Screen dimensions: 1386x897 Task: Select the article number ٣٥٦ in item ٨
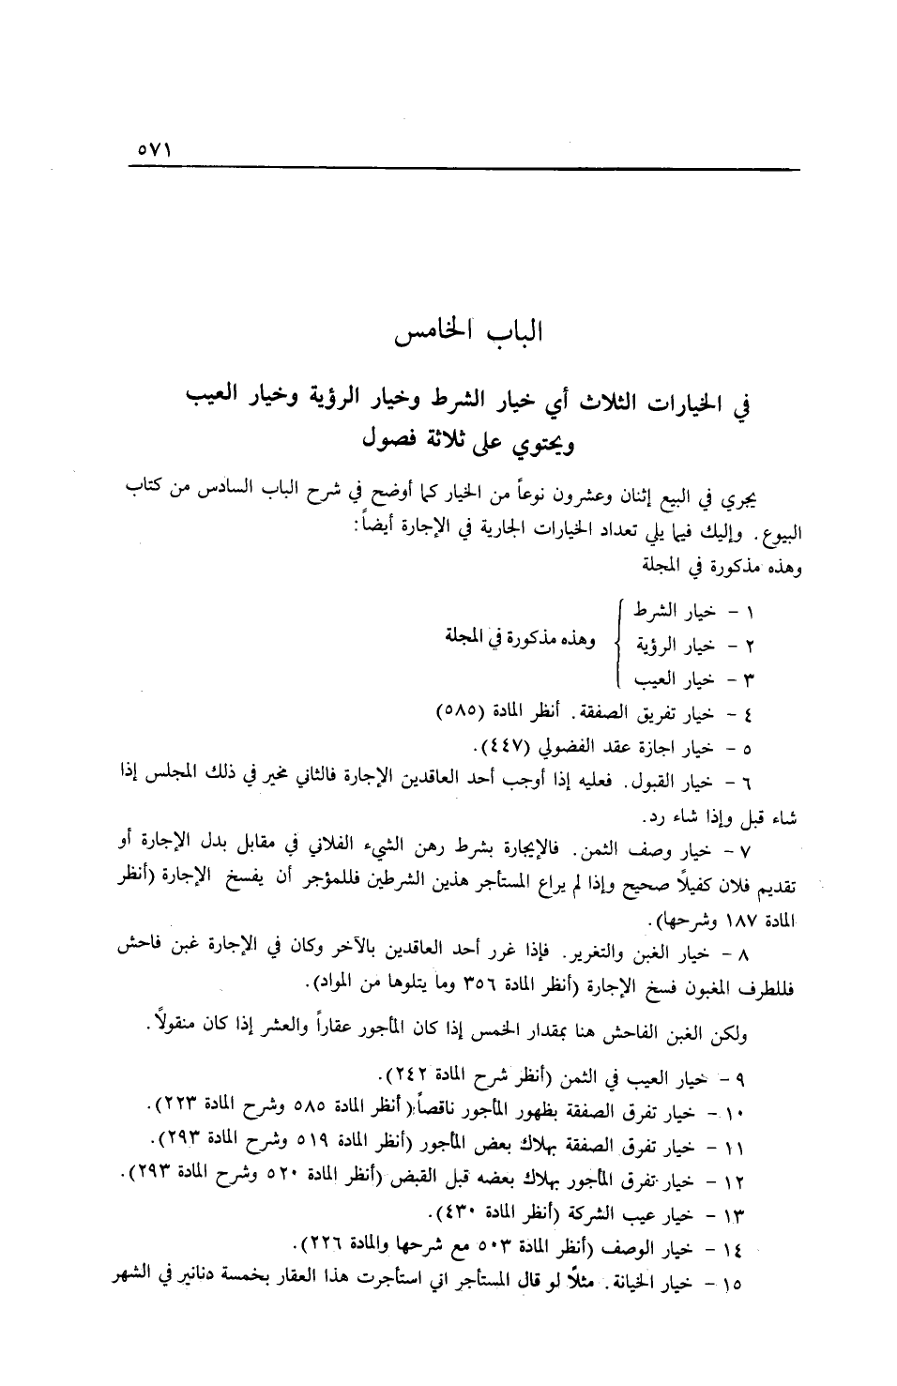point(478,982)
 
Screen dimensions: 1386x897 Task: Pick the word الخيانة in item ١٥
point(638,1280)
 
